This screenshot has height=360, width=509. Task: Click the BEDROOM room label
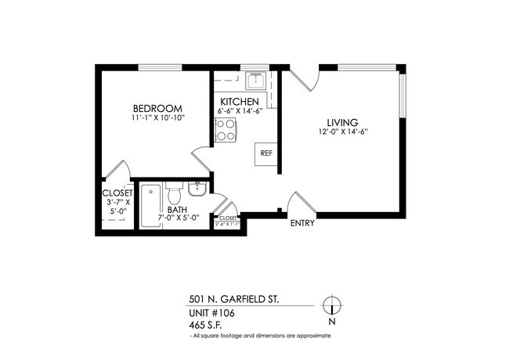(x=157, y=108)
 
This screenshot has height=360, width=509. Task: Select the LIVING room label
(x=342, y=122)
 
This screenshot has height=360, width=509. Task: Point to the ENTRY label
(x=302, y=223)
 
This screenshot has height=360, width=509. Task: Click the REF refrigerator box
(x=265, y=153)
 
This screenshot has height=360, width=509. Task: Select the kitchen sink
(x=254, y=81)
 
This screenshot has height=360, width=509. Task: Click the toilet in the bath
(x=173, y=191)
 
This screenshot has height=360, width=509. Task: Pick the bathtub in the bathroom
(x=150, y=205)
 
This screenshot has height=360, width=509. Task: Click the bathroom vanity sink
(x=197, y=190)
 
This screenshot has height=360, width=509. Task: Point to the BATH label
(x=176, y=209)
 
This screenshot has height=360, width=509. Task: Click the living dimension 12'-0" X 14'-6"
(x=342, y=132)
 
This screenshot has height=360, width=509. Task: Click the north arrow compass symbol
(x=332, y=306)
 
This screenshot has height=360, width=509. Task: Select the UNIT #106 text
(x=211, y=312)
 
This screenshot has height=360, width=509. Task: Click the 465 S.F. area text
(x=207, y=324)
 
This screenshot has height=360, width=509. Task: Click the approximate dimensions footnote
(x=261, y=335)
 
